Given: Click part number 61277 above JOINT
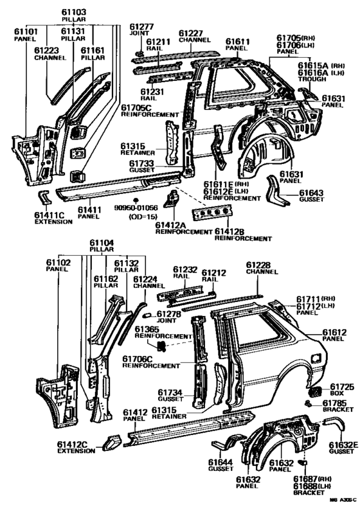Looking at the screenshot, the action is (141, 26).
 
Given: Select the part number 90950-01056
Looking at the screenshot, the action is (136, 208).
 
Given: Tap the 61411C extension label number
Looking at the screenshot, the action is (50, 215).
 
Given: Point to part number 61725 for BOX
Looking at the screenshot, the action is (342, 387).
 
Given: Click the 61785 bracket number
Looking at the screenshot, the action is (335, 403).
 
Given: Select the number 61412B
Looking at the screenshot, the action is (230, 232).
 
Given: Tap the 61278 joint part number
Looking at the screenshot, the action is (168, 314).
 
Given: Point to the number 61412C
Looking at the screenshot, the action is (72, 444).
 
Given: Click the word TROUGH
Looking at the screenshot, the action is (312, 79).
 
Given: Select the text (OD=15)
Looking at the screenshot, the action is (143, 217).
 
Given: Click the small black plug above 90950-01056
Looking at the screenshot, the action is (135, 200).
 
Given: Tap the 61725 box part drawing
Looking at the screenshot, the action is (316, 391).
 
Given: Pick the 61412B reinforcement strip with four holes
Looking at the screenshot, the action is (212, 213).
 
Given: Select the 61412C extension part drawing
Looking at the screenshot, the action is (111, 442).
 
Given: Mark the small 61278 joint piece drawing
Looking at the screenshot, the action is (147, 315).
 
